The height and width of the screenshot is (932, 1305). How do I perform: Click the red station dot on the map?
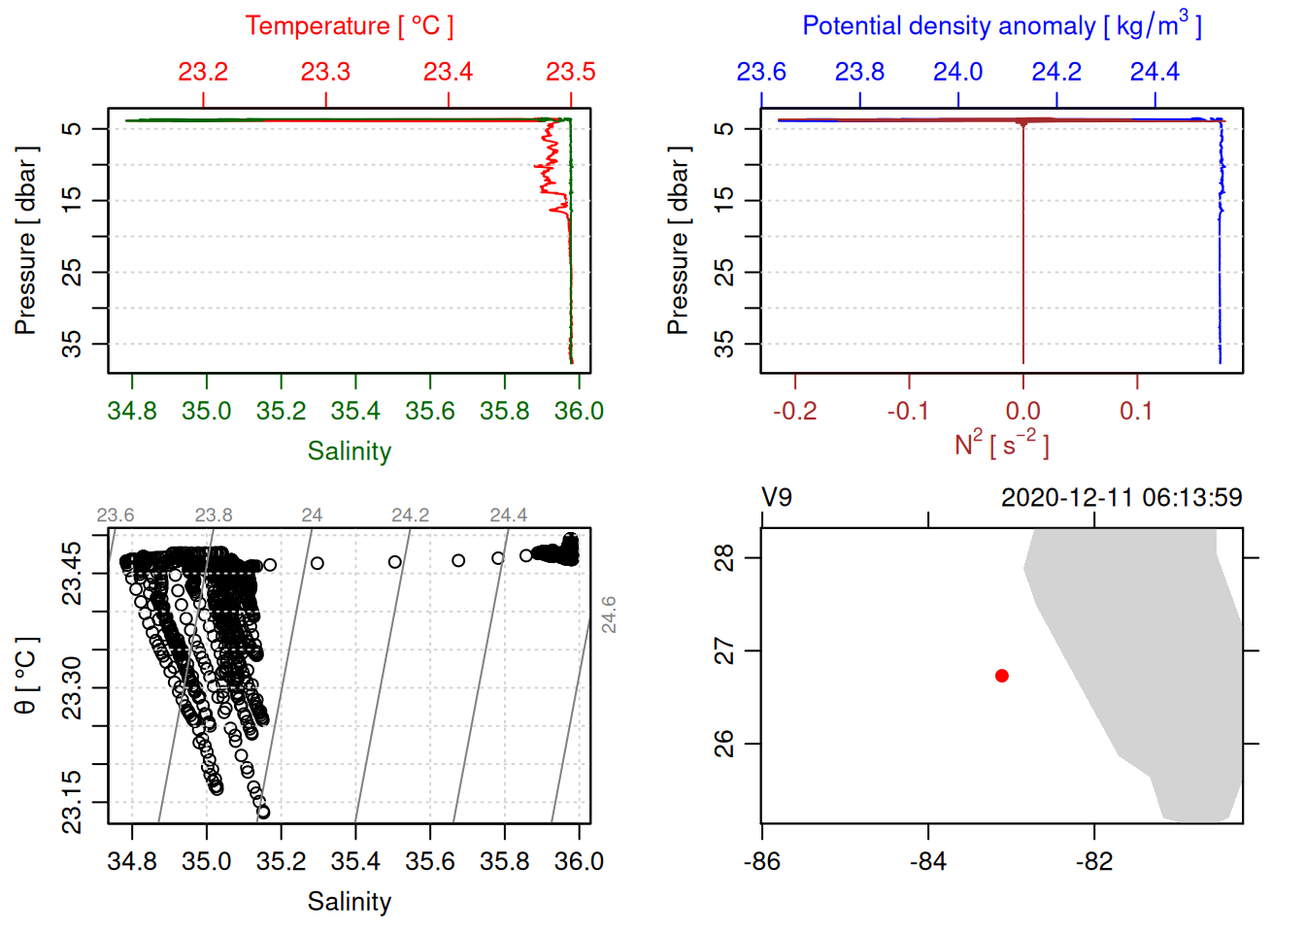(x=1001, y=676)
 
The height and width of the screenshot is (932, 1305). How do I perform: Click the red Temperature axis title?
(x=349, y=26)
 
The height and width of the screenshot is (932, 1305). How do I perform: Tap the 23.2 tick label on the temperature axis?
(x=203, y=72)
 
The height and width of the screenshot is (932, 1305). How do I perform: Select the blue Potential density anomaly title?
(x=1001, y=26)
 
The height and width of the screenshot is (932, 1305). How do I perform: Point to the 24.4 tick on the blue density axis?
(x=1154, y=72)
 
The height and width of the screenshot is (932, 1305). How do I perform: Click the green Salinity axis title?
(x=349, y=451)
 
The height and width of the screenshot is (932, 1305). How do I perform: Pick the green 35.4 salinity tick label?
(x=355, y=412)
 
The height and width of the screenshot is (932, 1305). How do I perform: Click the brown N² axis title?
(x=1001, y=445)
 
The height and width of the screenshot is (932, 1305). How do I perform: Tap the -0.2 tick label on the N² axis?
(x=794, y=412)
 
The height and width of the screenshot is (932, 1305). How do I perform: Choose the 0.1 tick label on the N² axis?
(x=1136, y=412)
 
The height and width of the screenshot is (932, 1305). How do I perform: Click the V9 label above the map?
(x=777, y=498)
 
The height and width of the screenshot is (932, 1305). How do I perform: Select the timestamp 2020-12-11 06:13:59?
(x=1121, y=498)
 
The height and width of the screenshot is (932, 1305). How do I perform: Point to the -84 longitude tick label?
(x=927, y=862)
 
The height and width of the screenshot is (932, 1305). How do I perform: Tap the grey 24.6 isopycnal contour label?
(x=609, y=615)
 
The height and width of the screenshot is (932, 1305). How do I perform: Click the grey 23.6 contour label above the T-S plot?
(x=116, y=516)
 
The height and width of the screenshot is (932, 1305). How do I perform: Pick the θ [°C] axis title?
(x=26, y=676)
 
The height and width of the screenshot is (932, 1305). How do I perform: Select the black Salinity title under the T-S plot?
(x=349, y=902)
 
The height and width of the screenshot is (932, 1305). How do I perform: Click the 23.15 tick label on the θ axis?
(x=72, y=802)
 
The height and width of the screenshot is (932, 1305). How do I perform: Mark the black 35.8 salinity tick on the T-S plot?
(x=504, y=862)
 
